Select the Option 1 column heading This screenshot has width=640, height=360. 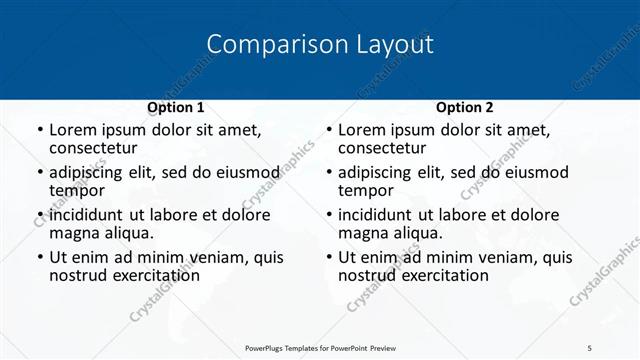[x=176, y=107]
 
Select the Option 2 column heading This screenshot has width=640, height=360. [x=465, y=107]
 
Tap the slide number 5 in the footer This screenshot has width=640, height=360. [x=589, y=346]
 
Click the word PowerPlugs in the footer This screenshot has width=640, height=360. [x=271, y=346]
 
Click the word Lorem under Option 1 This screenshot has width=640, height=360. [x=73, y=130]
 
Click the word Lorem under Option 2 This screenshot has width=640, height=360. [x=362, y=130]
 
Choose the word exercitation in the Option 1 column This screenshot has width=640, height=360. [x=153, y=275]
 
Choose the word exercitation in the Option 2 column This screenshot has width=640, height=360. [x=442, y=275]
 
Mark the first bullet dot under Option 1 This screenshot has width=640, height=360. [x=39, y=131]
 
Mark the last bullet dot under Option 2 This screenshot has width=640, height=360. [x=328, y=258]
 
